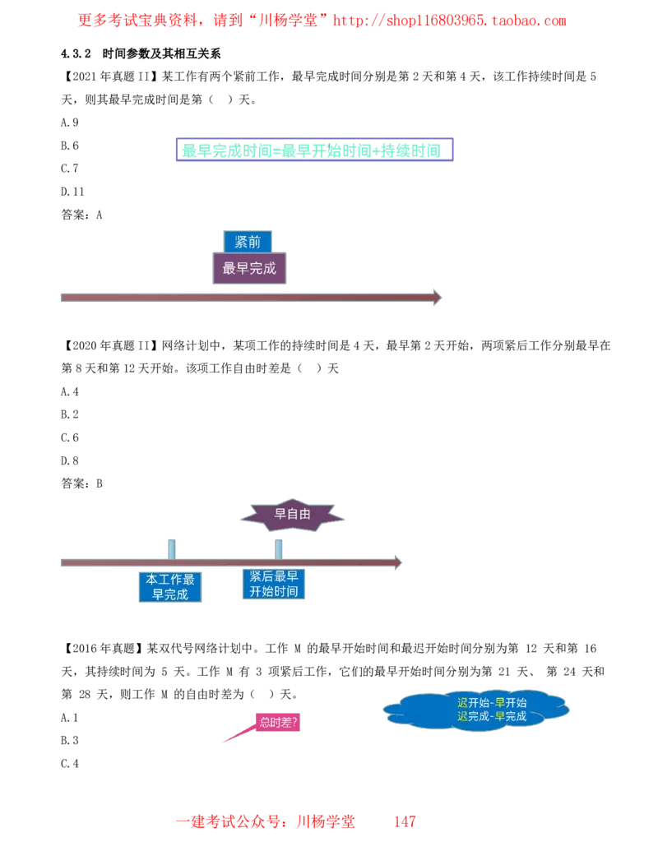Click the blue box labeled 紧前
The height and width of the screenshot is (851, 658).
(248, 242)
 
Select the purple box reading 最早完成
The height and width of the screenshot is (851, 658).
(250, 268)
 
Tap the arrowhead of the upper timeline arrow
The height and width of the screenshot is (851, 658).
(436, 297)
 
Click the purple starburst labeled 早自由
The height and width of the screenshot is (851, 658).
(293, 515)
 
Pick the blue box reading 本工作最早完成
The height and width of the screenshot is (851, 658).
(170, 587)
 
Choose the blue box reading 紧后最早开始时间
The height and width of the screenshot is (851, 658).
(273, 585)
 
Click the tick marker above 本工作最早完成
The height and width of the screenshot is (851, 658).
(171, 546)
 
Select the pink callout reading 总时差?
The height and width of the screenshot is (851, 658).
(276, 722)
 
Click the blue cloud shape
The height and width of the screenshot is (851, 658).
(475, 709)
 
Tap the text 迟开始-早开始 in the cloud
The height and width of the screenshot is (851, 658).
(492, 702)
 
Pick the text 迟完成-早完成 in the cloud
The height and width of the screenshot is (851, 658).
(492, 716)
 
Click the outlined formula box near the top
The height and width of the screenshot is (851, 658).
(313, 150)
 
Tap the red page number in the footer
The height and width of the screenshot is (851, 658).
(403, 821)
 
